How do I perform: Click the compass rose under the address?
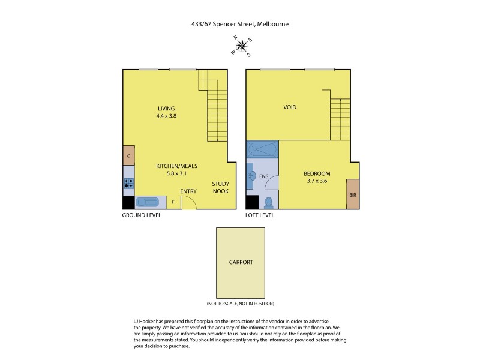(242, 47)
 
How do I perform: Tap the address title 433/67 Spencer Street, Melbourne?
(240, 25)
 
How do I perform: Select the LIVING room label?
(166, 109)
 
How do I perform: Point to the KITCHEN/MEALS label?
(177, 166)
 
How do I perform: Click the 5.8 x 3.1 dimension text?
(177, 173)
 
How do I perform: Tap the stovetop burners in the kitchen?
(129, 182)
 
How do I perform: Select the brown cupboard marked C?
(129, 156)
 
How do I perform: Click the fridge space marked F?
(173, 202)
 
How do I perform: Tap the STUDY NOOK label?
(220, 187)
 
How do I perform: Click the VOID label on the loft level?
(290, 107)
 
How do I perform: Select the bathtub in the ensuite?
(262, 148)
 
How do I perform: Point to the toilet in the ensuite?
(269, 202)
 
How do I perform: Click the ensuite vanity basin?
(253, 176)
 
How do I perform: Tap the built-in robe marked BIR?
(352, 194)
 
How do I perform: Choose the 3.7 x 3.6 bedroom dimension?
(317, 181)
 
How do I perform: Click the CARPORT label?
(241, 262)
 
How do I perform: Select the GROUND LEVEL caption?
(142, 215)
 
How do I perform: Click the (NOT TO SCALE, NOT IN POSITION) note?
(240, 304)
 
